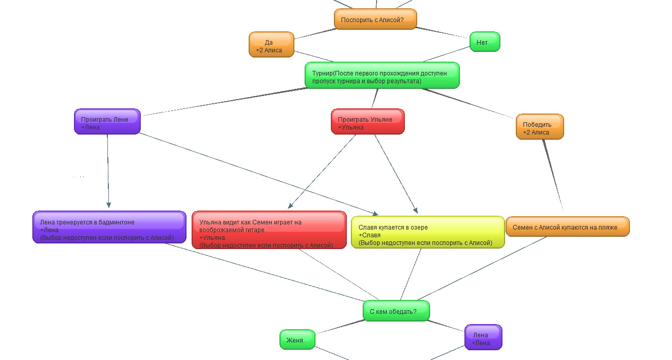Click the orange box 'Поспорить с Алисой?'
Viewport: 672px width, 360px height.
(375, 20)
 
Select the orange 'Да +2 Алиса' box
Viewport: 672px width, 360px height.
(272, 45)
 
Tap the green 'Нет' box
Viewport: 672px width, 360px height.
(484, 42)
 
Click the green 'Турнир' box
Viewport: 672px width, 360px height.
(382, 75)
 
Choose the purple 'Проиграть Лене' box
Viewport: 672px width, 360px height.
(107, 121)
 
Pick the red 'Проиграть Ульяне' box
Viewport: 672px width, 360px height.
(367, 121)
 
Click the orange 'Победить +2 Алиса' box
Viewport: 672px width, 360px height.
(539, 126)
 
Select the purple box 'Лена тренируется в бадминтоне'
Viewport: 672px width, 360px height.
(109, 226)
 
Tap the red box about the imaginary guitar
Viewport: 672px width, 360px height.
(269, 230)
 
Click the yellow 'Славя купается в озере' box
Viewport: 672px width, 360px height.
(427, 232)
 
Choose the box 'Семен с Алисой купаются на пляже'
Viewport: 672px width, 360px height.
(567, 226)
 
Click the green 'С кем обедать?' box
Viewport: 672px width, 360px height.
(396, 311)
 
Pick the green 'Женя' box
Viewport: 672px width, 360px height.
(297, 339)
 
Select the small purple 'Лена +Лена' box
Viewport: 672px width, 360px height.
(483, 337)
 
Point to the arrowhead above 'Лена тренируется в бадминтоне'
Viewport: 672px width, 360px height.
(108, 204)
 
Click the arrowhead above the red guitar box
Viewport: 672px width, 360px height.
(291, 205)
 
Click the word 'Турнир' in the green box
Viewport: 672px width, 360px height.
(322, 73)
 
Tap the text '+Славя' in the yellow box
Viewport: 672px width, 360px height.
(369, 235)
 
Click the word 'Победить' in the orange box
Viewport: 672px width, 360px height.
(537, 124)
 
